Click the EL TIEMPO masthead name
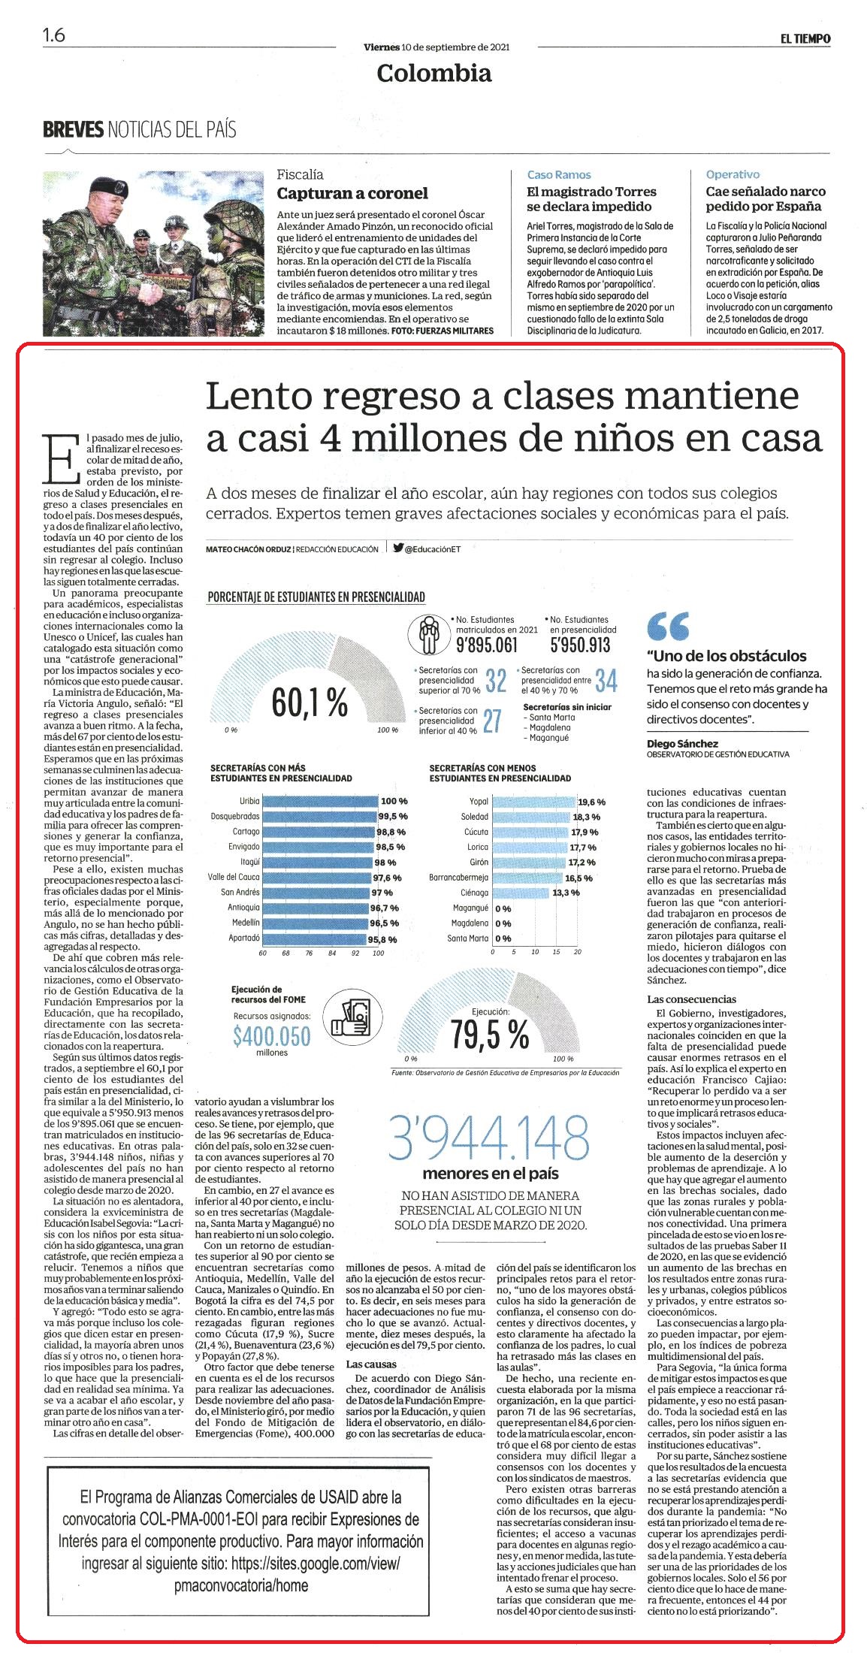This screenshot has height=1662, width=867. tap(804, 39)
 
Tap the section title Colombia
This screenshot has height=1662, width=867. tap(434, 73)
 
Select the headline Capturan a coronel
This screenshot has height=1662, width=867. tap(352, 193)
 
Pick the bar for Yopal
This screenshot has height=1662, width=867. tap(534, 801)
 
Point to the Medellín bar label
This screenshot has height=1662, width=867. tap(246, 922)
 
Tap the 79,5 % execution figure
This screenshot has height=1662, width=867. tap(490, 1036)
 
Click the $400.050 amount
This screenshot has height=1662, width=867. tap(271, 1036)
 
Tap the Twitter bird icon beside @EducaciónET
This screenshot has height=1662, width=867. tap(398, 548)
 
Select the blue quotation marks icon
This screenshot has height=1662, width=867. tap(667, 624)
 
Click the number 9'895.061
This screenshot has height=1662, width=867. tap(486, 645)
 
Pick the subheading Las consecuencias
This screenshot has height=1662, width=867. tap(692, 999)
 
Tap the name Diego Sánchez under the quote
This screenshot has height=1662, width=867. tap(682, 743)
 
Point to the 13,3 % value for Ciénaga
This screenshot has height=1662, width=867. tap(566, 892)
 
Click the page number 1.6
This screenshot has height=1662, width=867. tap(54, 35)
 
